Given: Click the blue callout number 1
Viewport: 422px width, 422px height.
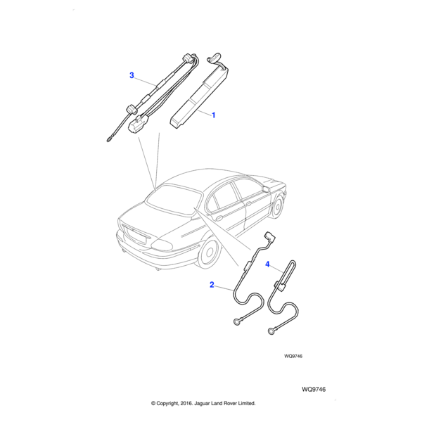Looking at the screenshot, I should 214,114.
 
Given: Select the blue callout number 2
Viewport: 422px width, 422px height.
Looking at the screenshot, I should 211,285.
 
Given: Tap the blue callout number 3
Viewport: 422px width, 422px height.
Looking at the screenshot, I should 131,75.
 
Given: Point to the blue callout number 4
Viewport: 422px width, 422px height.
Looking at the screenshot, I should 267,264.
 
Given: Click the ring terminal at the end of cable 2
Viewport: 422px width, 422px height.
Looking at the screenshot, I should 236,322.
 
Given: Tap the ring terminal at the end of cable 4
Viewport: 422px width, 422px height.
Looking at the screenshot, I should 271,330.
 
